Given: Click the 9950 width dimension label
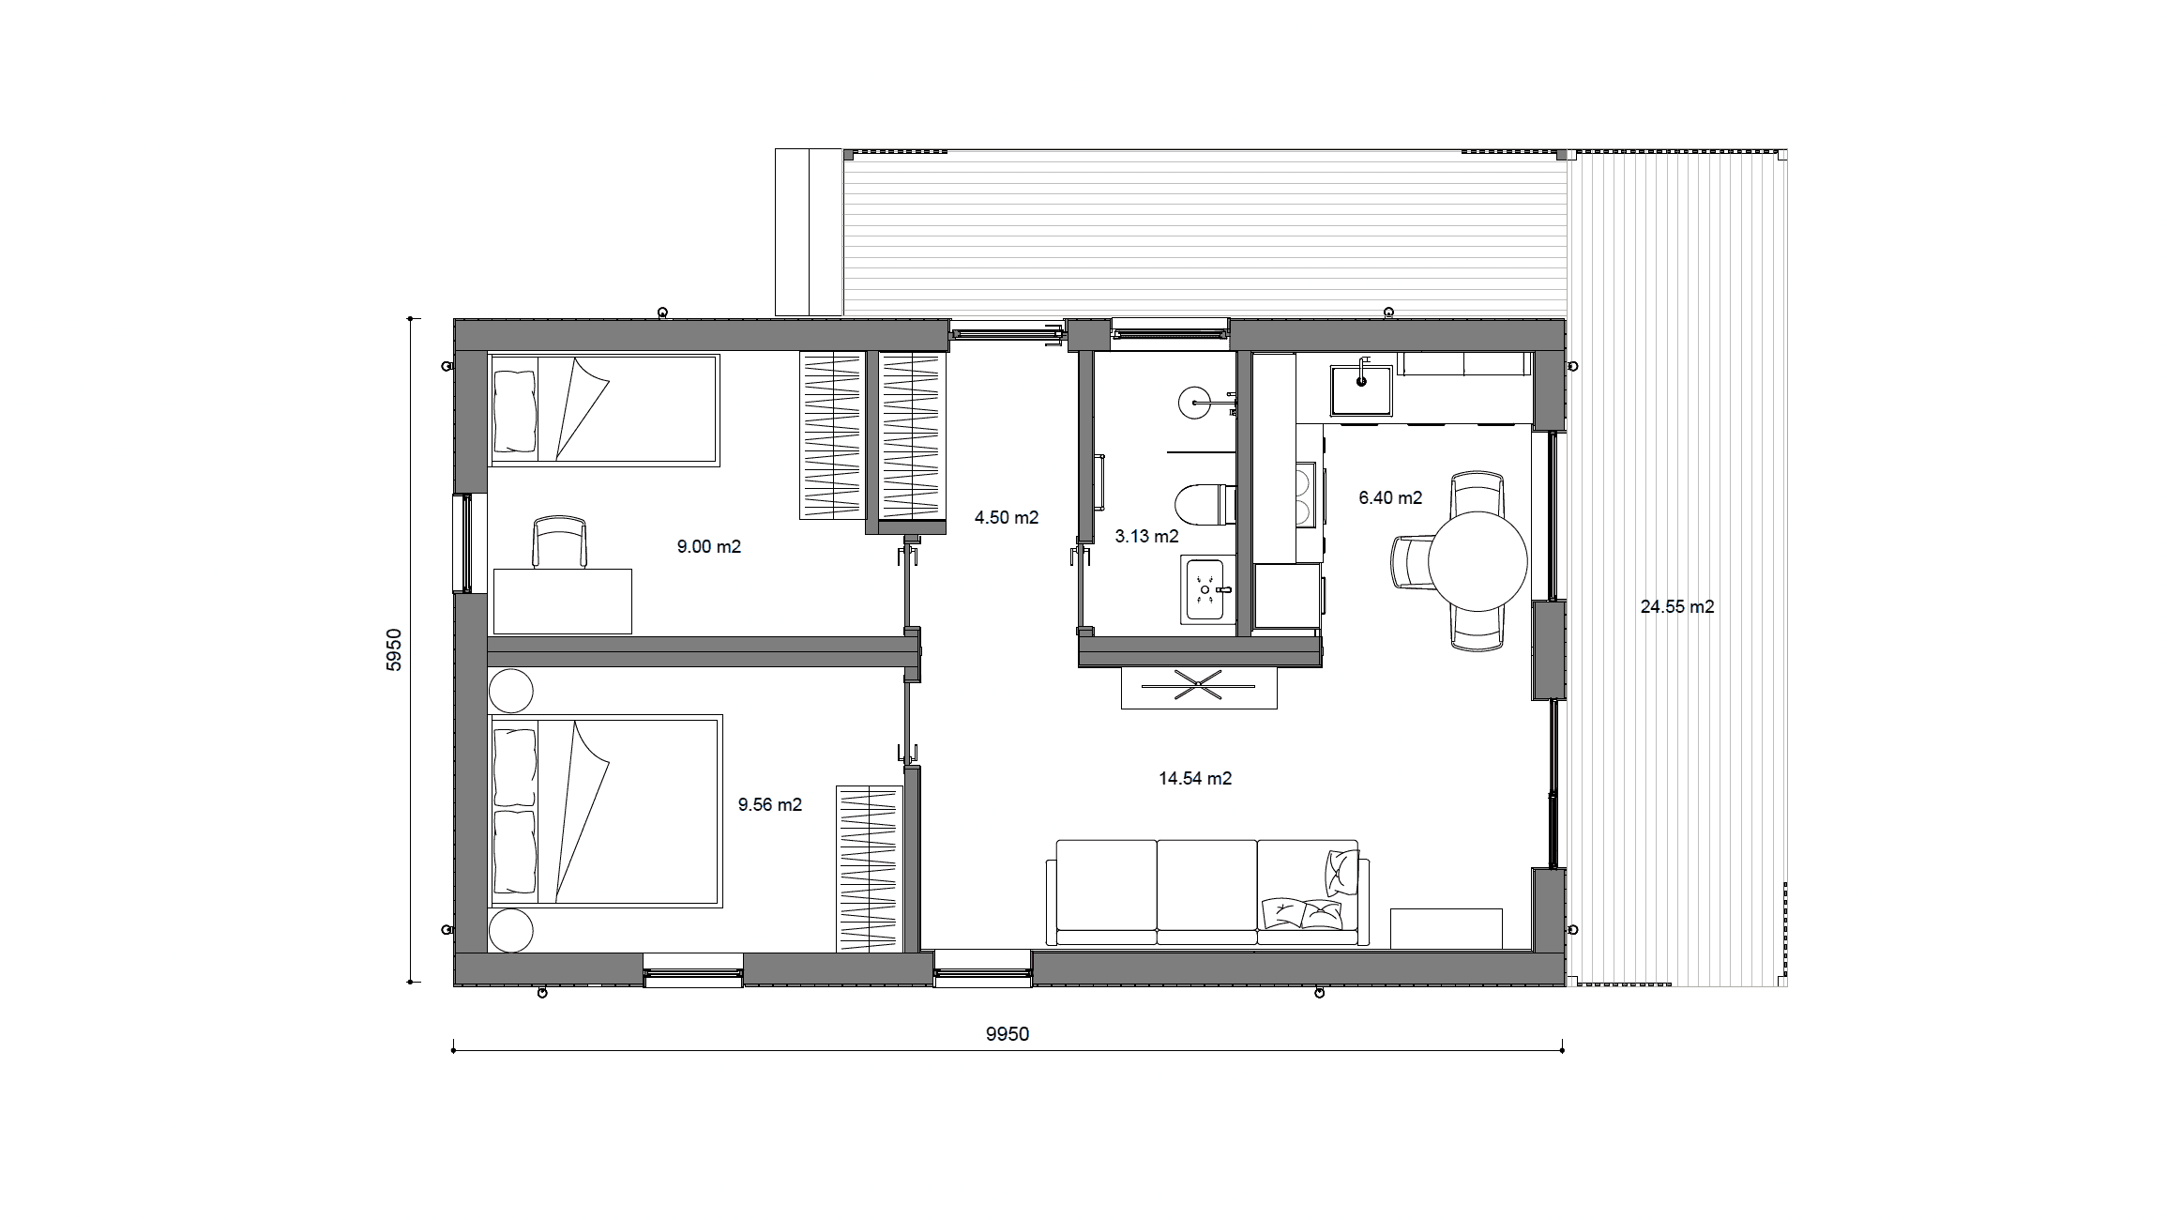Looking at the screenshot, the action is [1008, 1034].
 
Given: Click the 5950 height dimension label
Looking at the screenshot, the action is [394, 649].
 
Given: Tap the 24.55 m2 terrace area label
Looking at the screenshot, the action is [1677, 607].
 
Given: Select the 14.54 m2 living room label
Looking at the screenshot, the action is [1195, 778].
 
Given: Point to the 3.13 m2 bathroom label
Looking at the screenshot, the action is [1146, 537].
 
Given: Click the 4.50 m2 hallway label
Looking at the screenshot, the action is [1007, 518].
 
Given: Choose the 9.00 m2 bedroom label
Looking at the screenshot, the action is [709, 546].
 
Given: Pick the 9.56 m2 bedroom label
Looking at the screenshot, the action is [770, 804].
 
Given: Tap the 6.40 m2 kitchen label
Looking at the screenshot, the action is [1390, 497].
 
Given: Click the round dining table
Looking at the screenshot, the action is [1477, 561].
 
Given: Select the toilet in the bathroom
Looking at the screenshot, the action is [1205, 504].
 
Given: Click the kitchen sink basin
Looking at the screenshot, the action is [1361, 390].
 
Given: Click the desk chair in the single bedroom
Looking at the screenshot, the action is [559, 541].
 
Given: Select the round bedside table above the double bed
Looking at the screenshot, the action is [510, 692].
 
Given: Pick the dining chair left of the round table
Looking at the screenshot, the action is [1411, 561].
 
